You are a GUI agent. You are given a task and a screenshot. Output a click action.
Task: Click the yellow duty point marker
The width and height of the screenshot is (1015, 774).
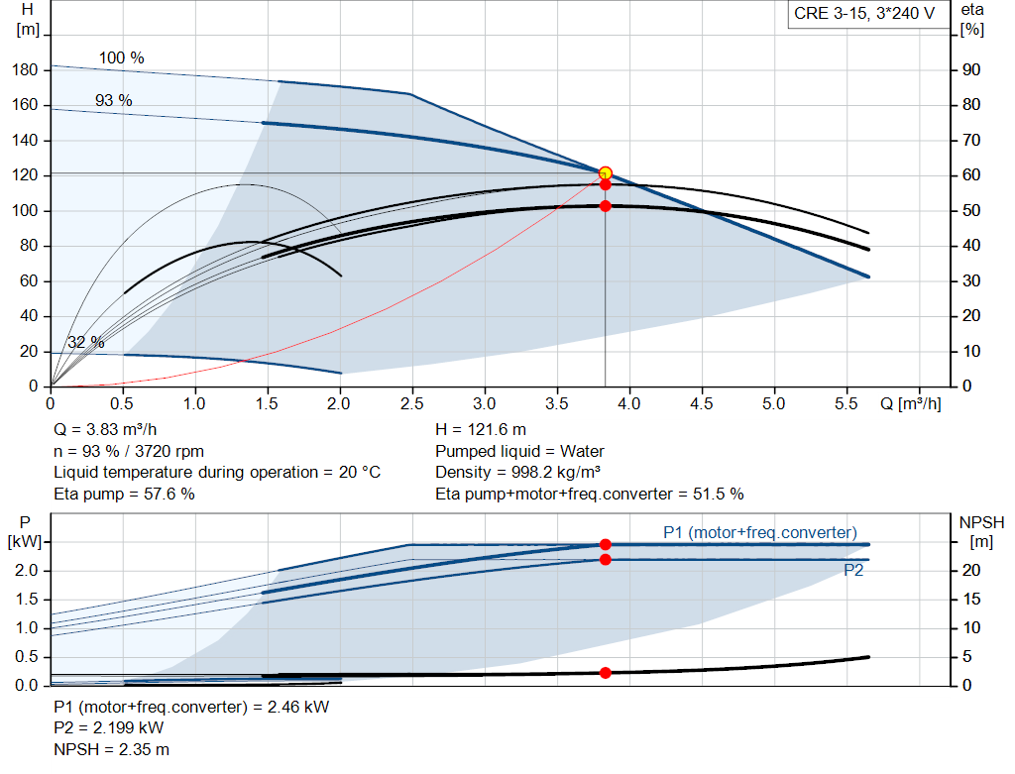pos(606,172)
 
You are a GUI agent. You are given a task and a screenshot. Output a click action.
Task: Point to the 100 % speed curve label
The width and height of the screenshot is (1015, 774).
pos(121,57)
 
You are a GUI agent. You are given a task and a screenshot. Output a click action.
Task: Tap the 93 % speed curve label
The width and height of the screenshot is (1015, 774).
pos(114,100)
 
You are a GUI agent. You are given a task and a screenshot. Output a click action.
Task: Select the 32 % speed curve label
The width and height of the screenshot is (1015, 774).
pos(85,342)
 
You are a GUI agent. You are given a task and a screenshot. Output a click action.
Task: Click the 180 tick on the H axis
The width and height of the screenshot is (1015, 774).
pos(25,70)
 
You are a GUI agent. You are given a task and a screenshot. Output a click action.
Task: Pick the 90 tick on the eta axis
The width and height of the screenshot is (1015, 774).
pos(971,70)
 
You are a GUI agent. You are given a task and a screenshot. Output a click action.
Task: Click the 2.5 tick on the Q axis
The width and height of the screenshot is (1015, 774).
pos(411,403)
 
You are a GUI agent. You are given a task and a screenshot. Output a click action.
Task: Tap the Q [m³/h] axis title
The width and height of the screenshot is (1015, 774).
pos(910,403)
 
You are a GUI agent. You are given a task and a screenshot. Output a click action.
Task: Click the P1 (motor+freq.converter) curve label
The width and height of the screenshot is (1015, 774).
pos(760,532)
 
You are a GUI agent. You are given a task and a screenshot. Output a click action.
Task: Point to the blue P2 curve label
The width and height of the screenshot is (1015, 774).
pos(853,570)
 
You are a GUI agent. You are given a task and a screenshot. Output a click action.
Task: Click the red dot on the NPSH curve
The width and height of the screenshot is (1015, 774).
pos(606,673)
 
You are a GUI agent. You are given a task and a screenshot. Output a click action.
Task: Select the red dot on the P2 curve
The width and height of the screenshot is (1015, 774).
pos(606,559)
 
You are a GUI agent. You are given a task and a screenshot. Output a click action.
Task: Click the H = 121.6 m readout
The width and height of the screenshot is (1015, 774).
pos(481,430)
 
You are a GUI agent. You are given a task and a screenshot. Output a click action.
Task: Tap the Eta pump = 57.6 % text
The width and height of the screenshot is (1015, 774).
pos(124,494)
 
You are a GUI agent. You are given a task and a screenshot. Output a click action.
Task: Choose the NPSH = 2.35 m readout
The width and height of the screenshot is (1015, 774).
pos(111,749)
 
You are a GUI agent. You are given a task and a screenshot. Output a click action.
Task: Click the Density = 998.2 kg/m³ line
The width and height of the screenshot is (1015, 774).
pos(517,473)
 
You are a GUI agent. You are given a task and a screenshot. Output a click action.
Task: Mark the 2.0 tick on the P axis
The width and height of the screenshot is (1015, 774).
pos(27,570)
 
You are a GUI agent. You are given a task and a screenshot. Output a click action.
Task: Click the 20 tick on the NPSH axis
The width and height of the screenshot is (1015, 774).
pos(971,570)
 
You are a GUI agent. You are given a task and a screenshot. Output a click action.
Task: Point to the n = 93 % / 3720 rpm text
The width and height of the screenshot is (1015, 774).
pos(129,451)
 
